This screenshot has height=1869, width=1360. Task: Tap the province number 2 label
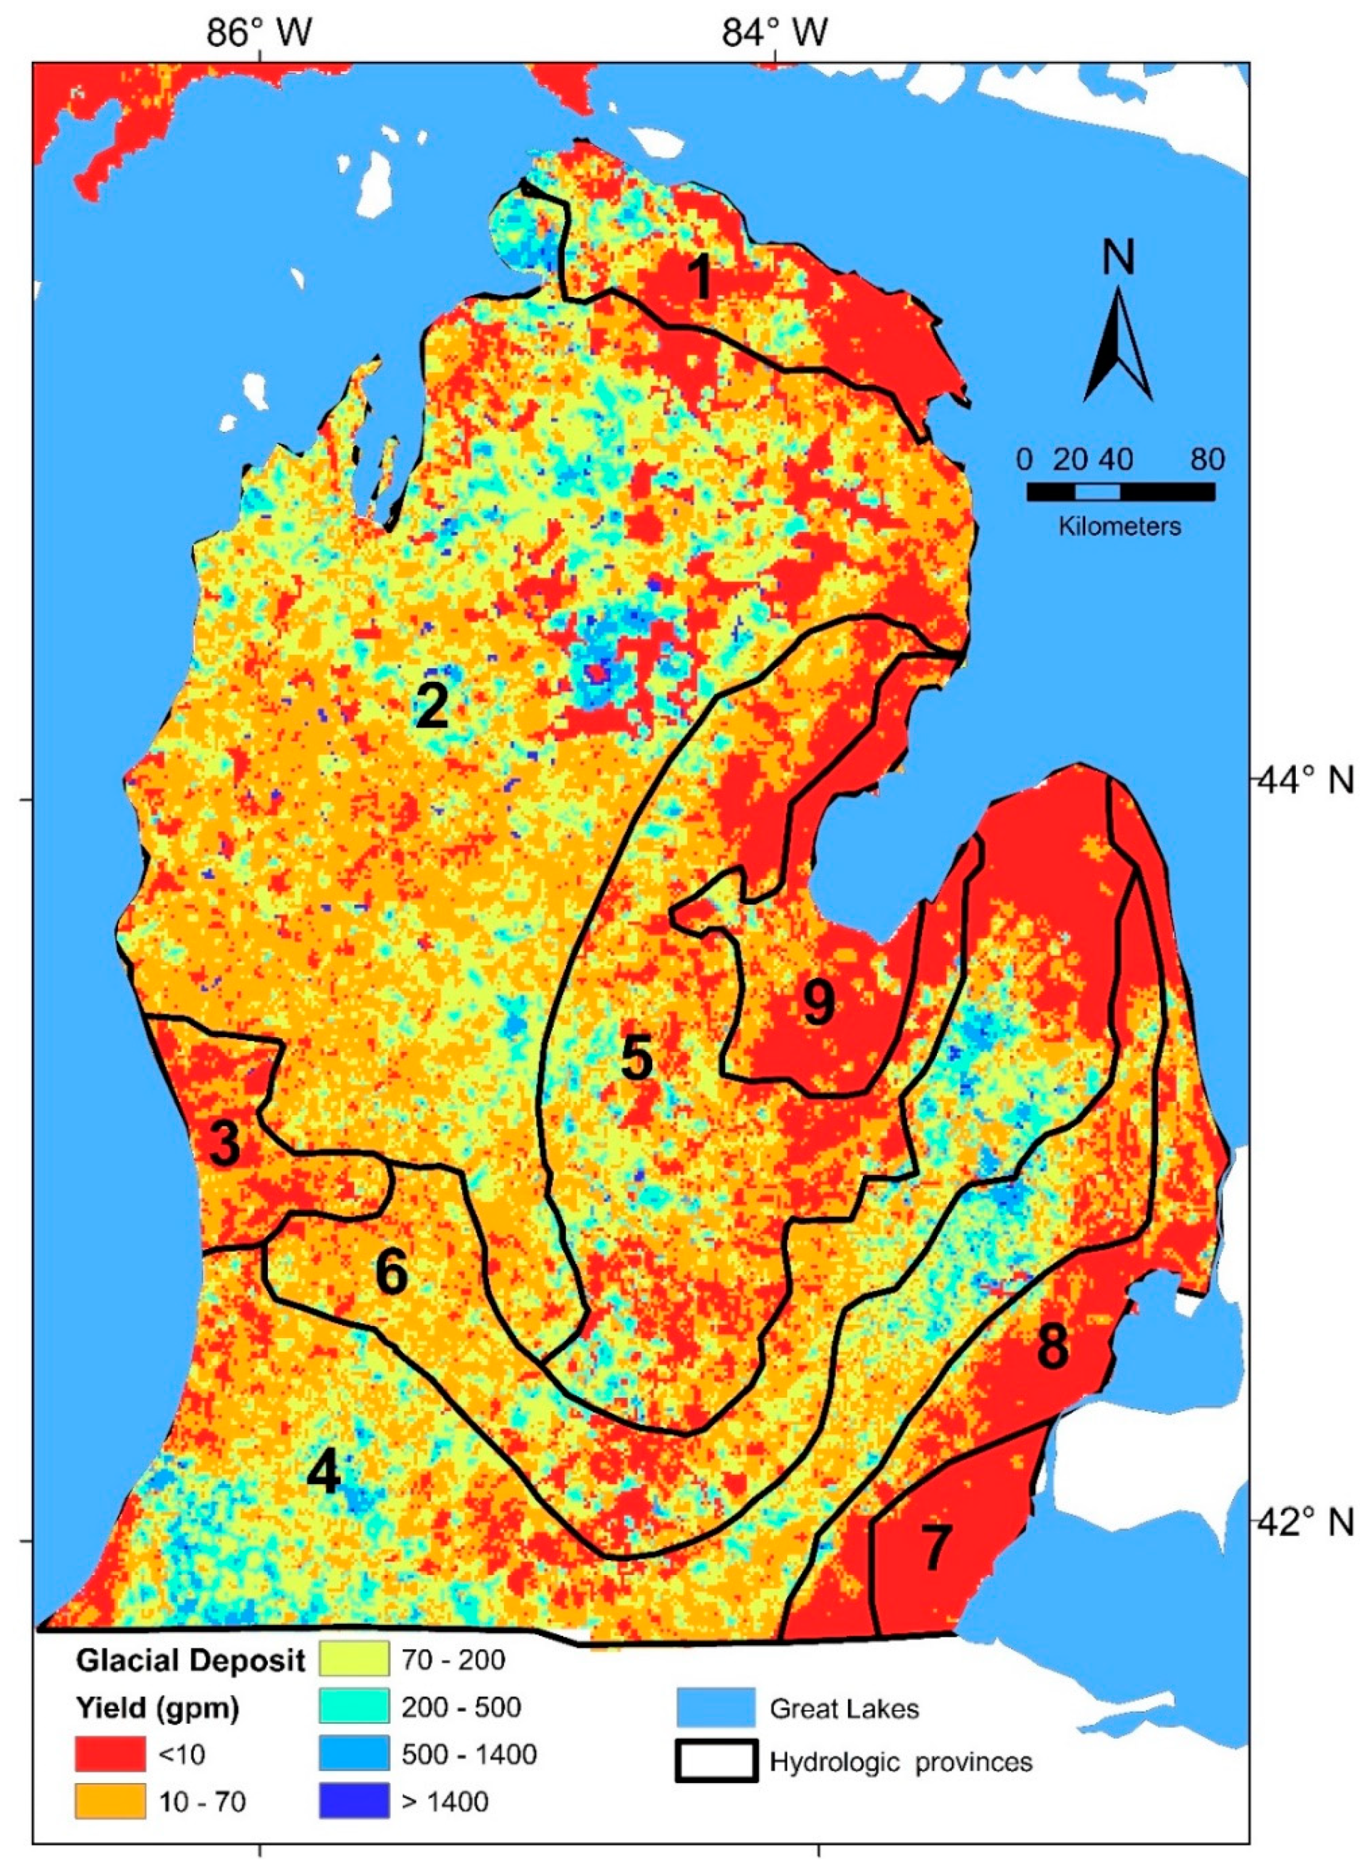432,706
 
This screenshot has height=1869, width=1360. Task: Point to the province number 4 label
324,1472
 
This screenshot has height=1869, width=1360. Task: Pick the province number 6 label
392,1272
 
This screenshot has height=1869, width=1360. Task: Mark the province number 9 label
818,1004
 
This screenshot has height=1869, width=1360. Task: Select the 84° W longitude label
776,33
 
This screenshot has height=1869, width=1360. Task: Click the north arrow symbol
1118,346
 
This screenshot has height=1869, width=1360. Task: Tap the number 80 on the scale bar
1207,460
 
